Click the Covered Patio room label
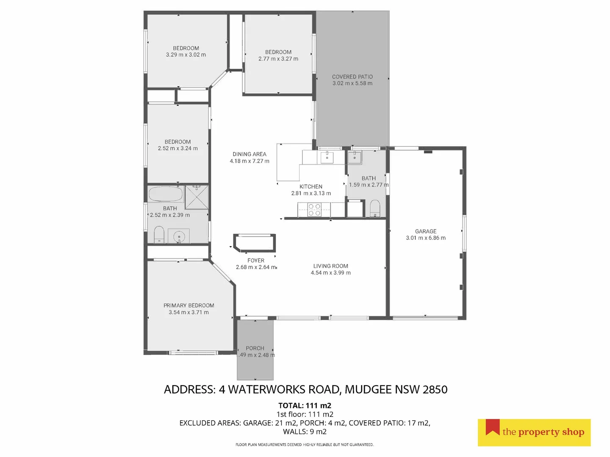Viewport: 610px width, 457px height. coord(352,77)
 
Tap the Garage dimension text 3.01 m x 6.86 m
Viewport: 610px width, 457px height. coord(426,238)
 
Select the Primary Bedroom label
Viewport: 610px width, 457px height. coord(189,306)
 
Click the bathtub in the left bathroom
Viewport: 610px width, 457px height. coord(166,194)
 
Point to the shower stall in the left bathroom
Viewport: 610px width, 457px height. coord(197,197)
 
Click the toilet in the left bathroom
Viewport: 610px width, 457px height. coord(159,234)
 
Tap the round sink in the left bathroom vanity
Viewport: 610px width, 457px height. coord(179,236)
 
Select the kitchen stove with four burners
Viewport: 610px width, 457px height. coord(314,210)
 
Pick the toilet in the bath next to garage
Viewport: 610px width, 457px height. coord(375,209)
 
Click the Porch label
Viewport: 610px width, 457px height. coord(255,348)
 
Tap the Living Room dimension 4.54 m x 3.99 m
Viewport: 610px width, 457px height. coord(331,273)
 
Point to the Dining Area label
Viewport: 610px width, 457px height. coord(250,154)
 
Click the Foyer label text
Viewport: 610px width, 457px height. coord(256,261)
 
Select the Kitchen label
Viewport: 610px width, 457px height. coord(311,187)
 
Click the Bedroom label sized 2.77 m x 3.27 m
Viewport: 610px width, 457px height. coord(278,52)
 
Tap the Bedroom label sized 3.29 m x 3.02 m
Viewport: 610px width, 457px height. coord(186,48)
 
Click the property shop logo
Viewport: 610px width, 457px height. coord(534,432)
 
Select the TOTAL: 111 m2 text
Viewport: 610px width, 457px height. coord(305,405)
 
